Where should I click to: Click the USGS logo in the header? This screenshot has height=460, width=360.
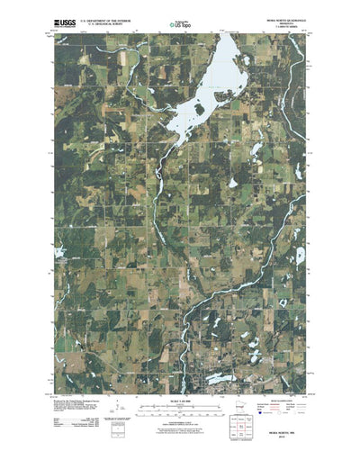64,19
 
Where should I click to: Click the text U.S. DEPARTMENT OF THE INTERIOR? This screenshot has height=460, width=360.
108,17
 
